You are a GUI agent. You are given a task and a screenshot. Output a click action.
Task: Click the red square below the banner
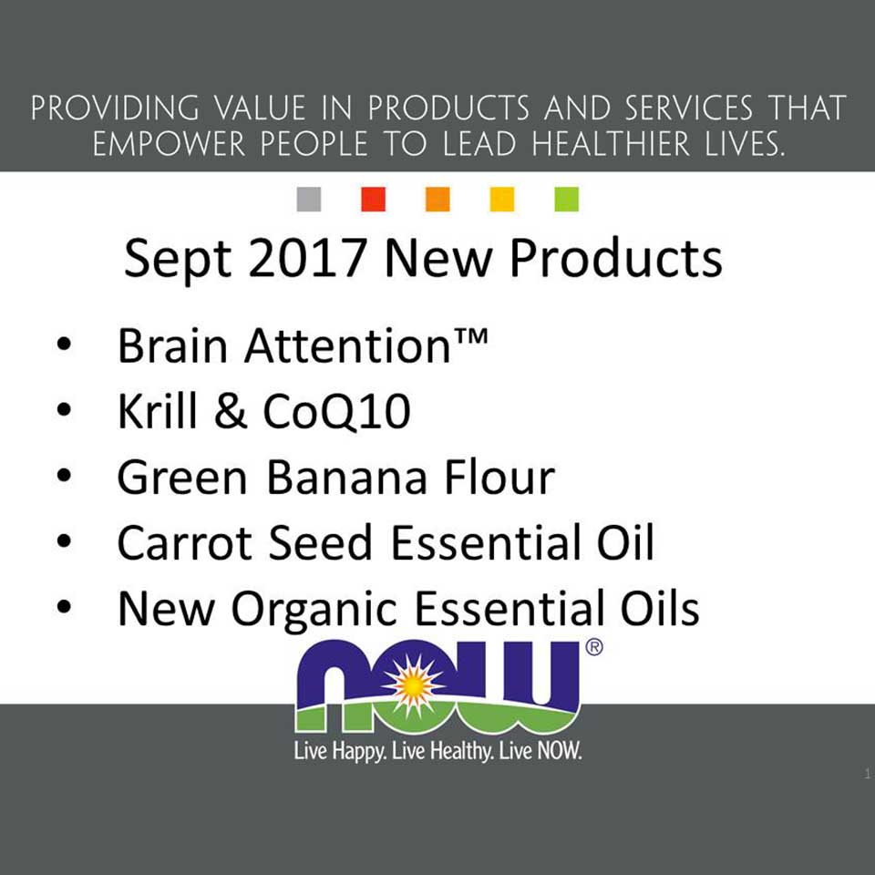[x=374, y=200]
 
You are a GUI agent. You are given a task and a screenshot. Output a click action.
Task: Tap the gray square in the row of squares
[x=309, y=200]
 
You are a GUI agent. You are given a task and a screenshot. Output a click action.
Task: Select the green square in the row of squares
[x=566, y=200]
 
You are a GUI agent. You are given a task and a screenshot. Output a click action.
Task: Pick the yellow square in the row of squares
[x=501, y=200]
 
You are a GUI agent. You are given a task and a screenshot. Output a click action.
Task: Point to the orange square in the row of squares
[x=437, y=200]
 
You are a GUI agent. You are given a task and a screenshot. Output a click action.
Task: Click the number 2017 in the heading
[x=306, y=258]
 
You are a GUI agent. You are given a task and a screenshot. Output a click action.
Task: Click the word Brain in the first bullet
[x=172, y=346]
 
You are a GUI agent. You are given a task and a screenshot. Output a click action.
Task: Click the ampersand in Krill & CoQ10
[x=230, y=411]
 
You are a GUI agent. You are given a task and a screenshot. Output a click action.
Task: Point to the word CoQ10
[x=336, y=412]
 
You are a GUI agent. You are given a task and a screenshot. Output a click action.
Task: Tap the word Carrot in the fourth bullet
[x=184, y=542]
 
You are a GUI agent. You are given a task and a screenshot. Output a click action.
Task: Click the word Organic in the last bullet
[x=313, y=611]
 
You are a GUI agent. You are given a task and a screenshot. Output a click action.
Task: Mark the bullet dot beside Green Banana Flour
[x=64, y=476]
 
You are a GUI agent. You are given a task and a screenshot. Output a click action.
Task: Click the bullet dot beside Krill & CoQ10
[x=64, y=410]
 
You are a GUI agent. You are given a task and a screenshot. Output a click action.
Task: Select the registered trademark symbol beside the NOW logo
[x=594, y=647]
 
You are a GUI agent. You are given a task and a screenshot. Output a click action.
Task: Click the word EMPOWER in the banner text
[x=169, y=145]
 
